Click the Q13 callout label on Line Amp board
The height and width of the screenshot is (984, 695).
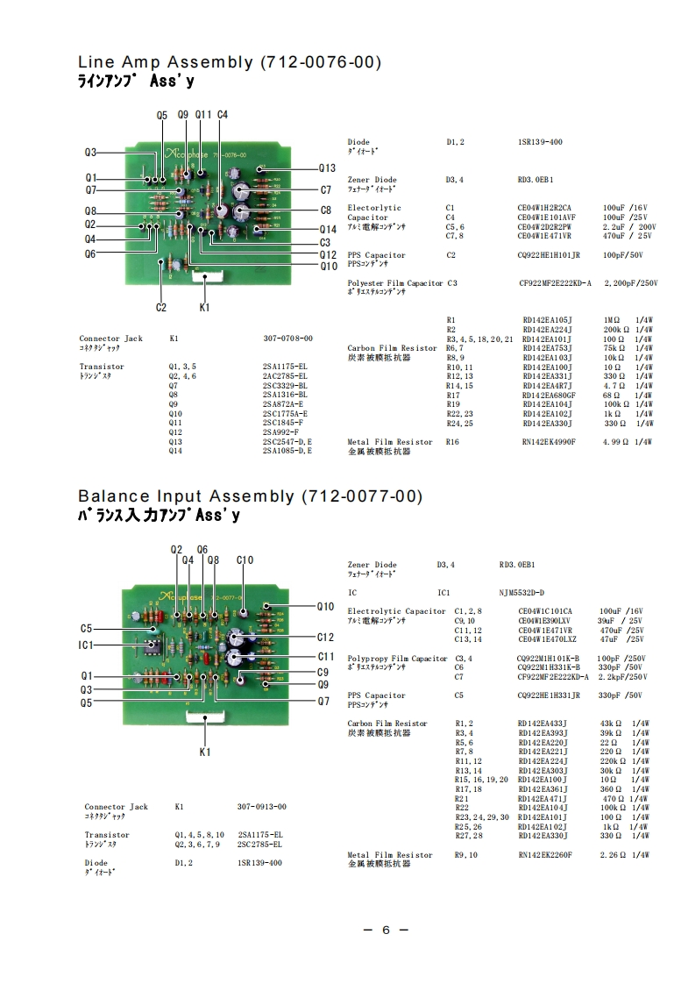tap(326, 168)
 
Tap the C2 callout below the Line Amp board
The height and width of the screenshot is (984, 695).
tap(161, 307)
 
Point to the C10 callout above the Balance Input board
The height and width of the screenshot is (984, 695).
tap(245, 560)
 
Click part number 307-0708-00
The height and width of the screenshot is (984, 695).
tap(287, 338)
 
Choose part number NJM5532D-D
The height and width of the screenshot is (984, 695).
tap(521, 593)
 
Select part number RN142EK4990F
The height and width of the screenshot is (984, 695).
tap(549, 442)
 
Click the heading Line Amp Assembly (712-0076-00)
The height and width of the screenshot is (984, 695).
tap(230, 62)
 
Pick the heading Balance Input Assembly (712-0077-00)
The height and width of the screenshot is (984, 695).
tap(250, 496)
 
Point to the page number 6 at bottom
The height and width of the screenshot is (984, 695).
tap(385, 931)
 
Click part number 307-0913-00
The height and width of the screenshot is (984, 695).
tap(261, 807)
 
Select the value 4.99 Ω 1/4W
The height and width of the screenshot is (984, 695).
tap(627, 442)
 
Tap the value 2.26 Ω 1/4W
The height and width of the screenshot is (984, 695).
tap(625, 854)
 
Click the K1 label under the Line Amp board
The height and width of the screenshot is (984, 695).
tap(204, 308)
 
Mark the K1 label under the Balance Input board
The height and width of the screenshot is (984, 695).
tap(204, 752)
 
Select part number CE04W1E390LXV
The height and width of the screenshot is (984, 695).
tap(546, 620)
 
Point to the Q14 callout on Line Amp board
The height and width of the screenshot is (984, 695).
tap(326, 229)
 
